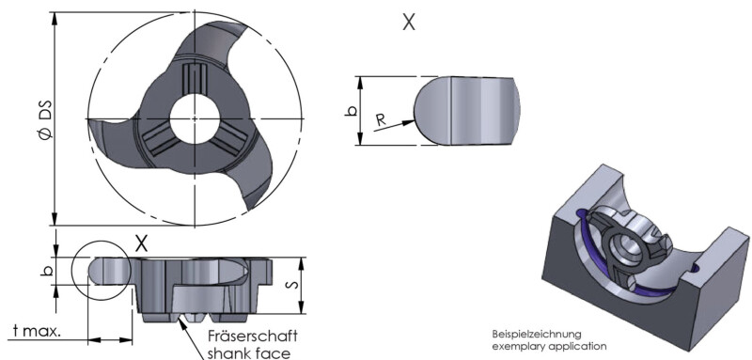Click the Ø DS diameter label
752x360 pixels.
[x=45, y=119]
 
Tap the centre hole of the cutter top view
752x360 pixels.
[x=195, y=117]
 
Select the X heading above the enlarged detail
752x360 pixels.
[x=409, y=22]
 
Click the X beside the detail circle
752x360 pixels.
[x=141, y=244]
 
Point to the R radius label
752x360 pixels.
[x=381, y=119]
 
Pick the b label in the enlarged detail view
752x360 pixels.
[x=351, y=111]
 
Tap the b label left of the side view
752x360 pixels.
[x=46, y=271]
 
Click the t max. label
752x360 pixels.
[x=37, y=331]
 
